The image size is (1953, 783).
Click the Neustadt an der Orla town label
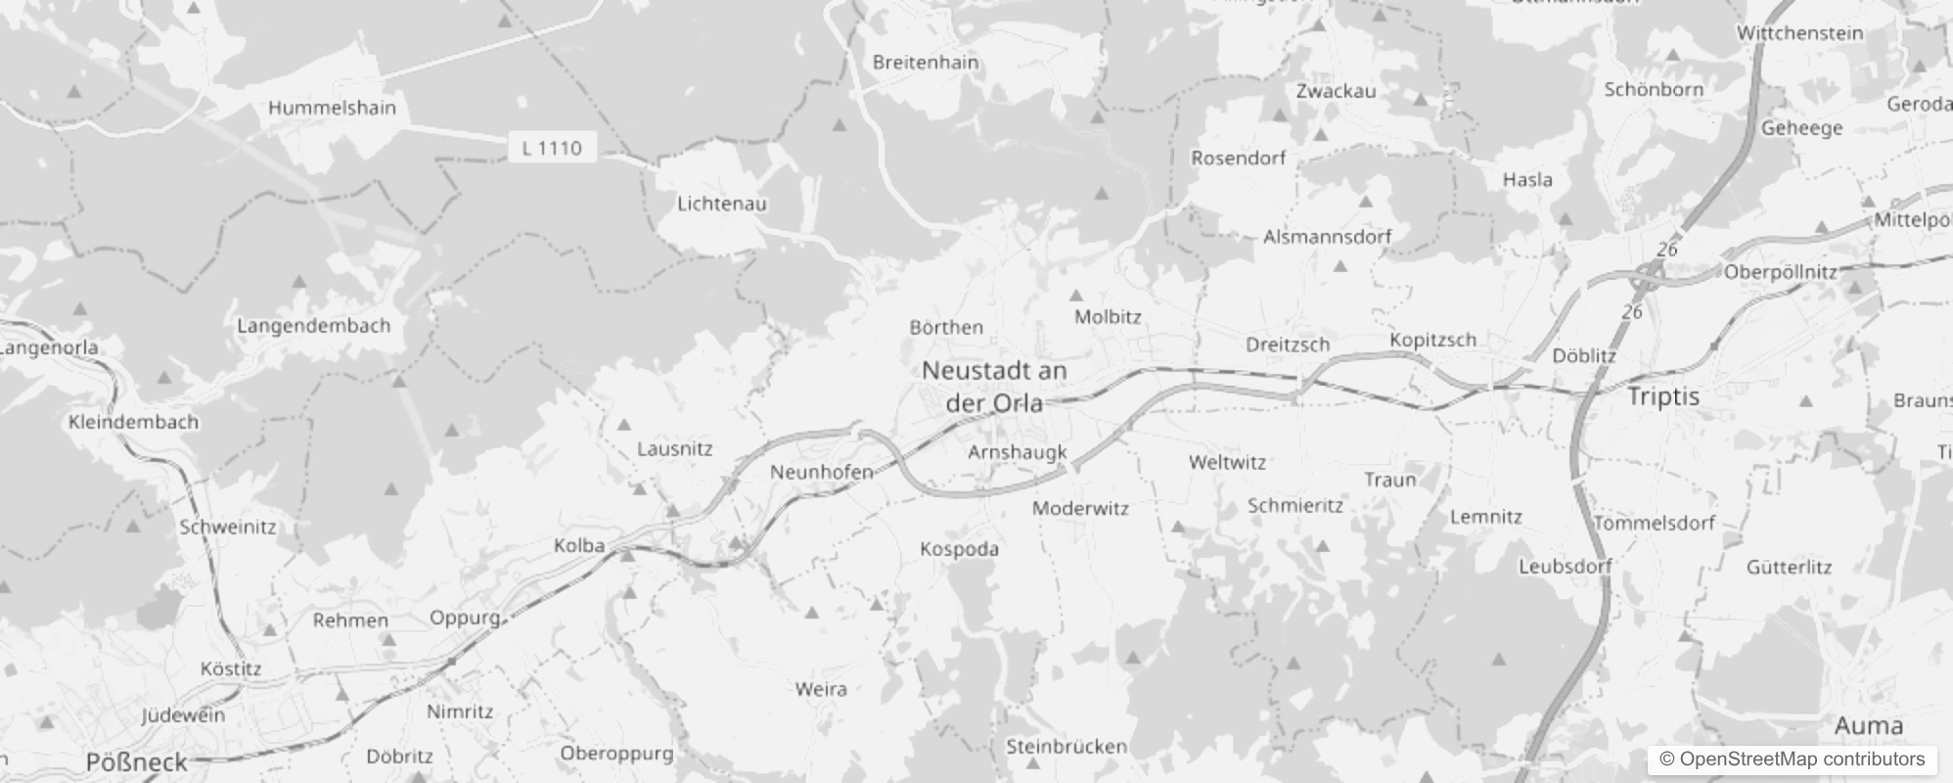pos(994,387)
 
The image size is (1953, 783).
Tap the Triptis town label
pos(1662,396)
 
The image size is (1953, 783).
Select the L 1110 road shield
pos(552,148)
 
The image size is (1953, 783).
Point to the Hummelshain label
pos(332,108)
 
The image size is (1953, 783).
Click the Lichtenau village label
pos(722,204)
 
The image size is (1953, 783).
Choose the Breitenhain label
pos(925,63)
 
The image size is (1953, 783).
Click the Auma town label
pos(1868,725)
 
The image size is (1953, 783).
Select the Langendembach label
pos(313,326)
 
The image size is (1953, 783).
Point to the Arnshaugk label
pos(1017,451)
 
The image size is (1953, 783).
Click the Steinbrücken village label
pos(1067,747)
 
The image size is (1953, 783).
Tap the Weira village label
pos(821,689)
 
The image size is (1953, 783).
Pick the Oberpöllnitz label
pos(1780,272)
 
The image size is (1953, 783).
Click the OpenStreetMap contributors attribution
pos(1792,760)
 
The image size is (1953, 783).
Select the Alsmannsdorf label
pos(1327,237)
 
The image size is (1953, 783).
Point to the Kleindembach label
pos(133,422)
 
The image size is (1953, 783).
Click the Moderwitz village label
pos(1080,508)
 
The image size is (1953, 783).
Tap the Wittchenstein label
pos(1799,33)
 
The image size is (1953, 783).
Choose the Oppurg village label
pos(465,618)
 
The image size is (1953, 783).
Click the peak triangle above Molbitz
pos(1076,295)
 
